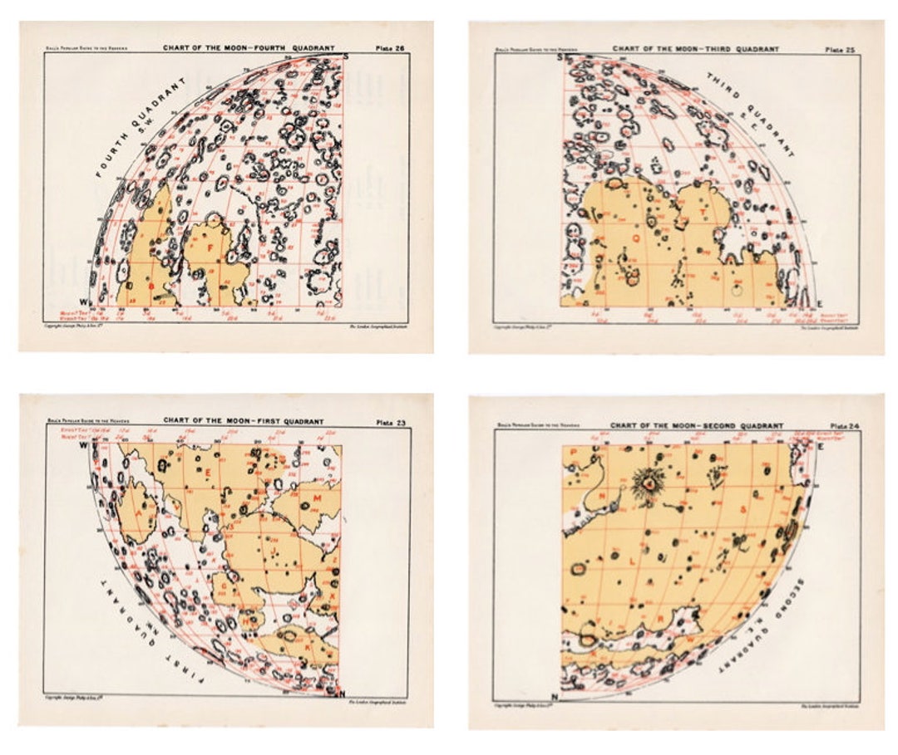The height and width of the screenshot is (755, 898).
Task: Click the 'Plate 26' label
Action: pyautogui.click(x=392, y=49)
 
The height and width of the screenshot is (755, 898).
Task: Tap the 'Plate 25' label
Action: pyautogui.click(x=838, y=49)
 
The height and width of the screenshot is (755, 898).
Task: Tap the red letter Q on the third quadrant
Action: pyautogui.click(x=637, y=238)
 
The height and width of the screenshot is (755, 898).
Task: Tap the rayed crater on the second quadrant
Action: pyautogui.click(x=645, y=482)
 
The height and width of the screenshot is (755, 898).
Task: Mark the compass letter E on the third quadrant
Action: pyautogui.click(x=820, y=304)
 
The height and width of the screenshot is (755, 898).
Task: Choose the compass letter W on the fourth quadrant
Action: pyautogui.click(x=82, y=301)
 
